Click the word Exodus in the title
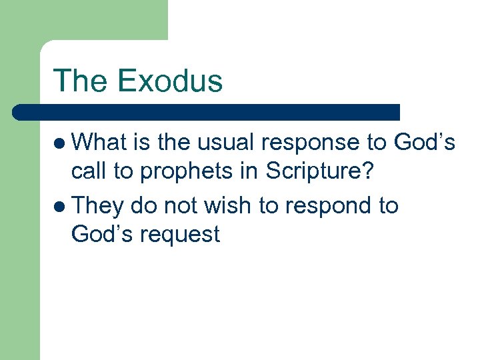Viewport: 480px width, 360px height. pos(171,81)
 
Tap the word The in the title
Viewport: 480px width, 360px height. pos(81,81)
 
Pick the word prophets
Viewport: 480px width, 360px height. pos(190,172)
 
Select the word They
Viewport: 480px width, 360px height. pos(97,206)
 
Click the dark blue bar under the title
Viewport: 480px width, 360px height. pos(207,111)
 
